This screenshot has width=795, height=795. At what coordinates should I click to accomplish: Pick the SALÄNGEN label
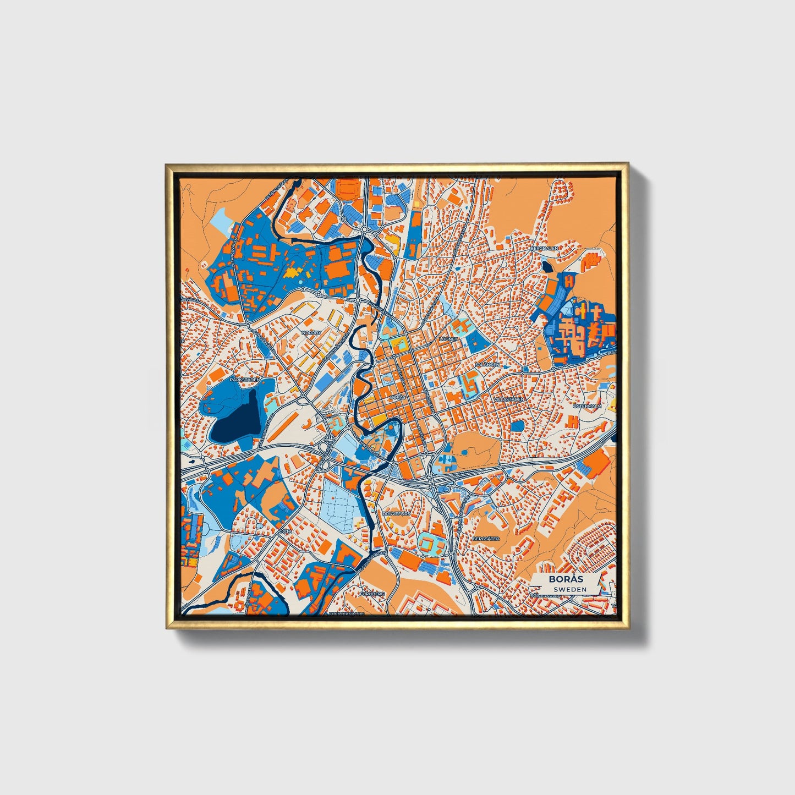tap(487, 364)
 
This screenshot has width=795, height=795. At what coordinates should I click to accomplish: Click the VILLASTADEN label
tap(509, 398)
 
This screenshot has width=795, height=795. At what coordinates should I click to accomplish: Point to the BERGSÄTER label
tap(486, 539)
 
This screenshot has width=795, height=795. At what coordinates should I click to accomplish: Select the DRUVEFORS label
tap(396, 513)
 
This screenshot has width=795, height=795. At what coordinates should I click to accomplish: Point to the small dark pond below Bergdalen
tap(547, 266)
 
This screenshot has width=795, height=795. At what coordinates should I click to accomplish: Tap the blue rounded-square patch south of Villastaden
tap(518, 426)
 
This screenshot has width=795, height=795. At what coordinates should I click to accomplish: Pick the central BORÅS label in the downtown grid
tap(397, 397)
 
